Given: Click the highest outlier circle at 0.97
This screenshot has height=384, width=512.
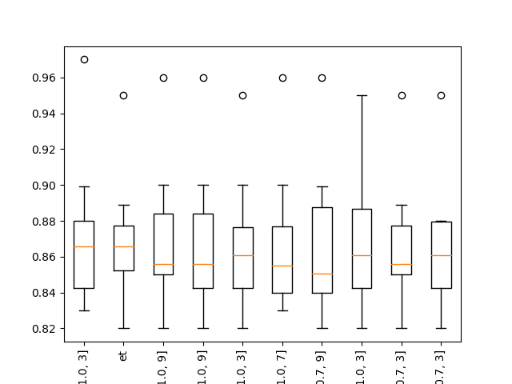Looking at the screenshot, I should [x=84, y=59].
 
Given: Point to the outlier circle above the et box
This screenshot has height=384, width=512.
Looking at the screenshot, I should [x=123, y=95].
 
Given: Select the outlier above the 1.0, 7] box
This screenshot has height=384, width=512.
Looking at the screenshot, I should [x=282, y=78].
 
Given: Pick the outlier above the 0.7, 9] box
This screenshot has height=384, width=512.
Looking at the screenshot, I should [x=322, y=78].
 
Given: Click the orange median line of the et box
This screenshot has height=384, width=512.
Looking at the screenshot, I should [x=123, y=246].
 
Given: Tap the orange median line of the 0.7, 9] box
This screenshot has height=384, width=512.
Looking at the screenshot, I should [x=322, y=274].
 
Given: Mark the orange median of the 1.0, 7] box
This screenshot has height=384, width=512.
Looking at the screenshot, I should [x=282, y=266].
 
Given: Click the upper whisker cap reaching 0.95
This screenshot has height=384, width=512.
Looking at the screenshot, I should [x=362, y=95].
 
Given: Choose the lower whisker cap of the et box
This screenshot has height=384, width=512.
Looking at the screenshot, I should [x=123, y=328].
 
